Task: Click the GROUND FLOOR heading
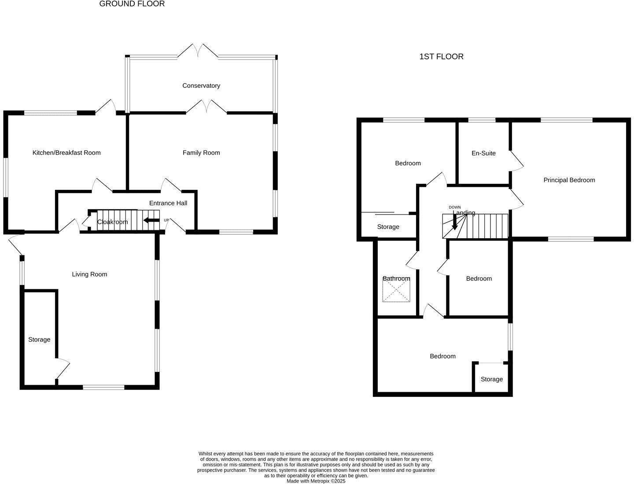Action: tap(132, 4)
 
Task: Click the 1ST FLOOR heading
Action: tap(441, 57)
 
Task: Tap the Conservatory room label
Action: tap(201, 86)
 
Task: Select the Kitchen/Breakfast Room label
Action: tap(66, 153)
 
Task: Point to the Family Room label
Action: tap(201, 153)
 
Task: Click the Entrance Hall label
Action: tap(168, 203)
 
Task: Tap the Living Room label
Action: tap(89, 274)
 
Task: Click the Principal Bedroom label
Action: tap(569, 180)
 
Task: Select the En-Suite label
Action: tap(483, 153)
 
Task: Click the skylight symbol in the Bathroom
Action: tap(396, 291)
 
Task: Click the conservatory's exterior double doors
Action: tap(198, 51)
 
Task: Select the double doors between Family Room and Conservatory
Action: tap(206, 107)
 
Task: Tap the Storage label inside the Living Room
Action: tap(39, 340)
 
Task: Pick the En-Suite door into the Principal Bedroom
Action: tap(517, 160)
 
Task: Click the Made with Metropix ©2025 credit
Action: tap(316, 481)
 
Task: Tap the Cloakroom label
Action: tap(113, 222)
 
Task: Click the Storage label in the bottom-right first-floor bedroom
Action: tap(491, 379)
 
